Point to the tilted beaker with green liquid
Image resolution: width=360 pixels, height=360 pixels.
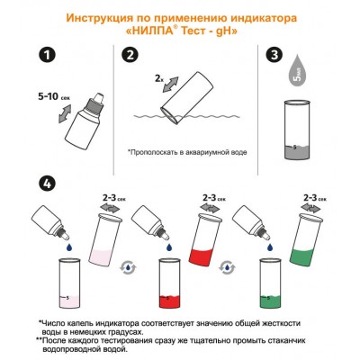[x=314, y=236]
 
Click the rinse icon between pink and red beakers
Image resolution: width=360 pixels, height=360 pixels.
[x=130, y=266]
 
